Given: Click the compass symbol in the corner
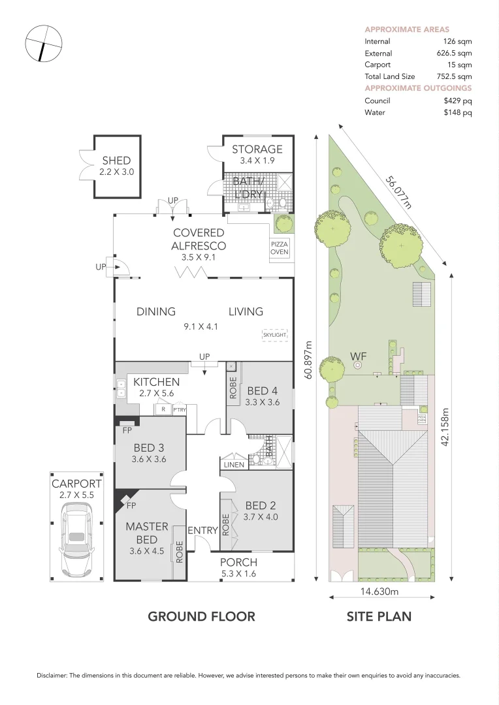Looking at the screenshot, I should click(42, 44).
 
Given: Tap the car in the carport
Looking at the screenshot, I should click(77, 540).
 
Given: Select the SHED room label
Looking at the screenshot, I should click(117, 161).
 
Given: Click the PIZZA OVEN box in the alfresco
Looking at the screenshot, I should click(280, 248).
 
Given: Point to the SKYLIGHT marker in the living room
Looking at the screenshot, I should click(274, 335).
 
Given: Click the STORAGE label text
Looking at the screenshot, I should click(257, 149).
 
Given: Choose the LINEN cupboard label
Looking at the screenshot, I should click(233, 465).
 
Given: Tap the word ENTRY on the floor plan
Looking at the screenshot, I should click(202, 531).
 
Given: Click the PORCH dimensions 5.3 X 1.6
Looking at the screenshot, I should click(238, 574).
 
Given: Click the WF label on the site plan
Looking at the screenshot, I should click(357, 356).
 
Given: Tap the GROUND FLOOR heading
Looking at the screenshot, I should click(201, 616).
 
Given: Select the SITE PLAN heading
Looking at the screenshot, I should click(379, 616).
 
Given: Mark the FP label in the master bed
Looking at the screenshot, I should click(131, 505).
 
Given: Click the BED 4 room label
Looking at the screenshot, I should click(261, 391).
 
